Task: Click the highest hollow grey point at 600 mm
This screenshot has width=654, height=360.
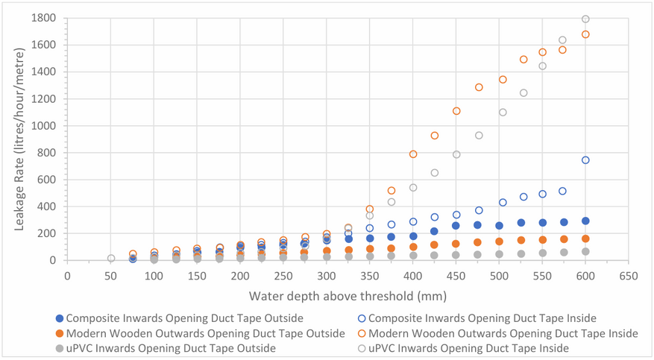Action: pyautogui.click(x=585, y=19)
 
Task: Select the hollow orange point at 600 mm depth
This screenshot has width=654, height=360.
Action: pyautogui.click(x=585, y=34)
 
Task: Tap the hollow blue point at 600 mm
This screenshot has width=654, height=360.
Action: pyautogui.click(x=585, y=160)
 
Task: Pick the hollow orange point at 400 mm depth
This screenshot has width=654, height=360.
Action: pyautogui.click(x=413, y=154)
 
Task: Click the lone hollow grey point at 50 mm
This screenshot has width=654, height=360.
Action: pyautogui.click(x=111, y=259)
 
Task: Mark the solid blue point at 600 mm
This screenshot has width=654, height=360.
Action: pyautogui.click(x=585, y=221)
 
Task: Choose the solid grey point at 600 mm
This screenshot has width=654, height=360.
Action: pyautogui.click(x=585, y=252)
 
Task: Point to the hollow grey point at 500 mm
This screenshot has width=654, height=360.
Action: pyautogui.click(x=503, y=112)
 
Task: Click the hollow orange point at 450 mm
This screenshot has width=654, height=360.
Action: pyautogui.click(x=456, y=111)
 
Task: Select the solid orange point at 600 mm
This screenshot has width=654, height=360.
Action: pyautogui.click(x=585, y=239)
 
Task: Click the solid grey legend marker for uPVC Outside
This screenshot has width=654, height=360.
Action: pyautogui.click(x=60, y=348)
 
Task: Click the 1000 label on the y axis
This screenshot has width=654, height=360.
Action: pyautogui.click(x=44, y=126)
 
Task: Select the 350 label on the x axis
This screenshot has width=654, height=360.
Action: pyautogui.click(x=370, y=276)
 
